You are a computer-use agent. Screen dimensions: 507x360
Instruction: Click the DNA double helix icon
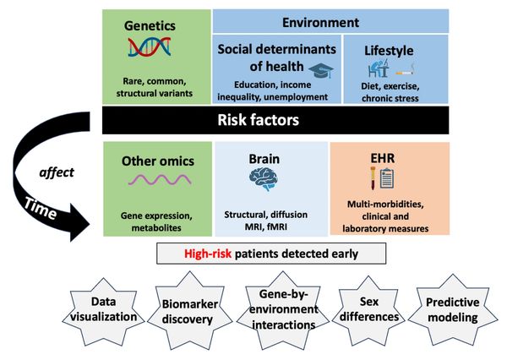point(150,47)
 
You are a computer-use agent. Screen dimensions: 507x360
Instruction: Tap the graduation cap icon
point(321,70)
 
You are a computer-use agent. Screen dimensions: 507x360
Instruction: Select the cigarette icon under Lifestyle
point(405,70)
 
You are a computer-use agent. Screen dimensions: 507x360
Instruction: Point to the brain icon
point(264,179)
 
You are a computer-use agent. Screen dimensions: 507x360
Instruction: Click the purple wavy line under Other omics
point(160,179)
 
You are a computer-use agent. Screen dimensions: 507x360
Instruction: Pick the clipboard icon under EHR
point(387,178)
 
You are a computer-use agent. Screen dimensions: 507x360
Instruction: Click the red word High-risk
point(208,254)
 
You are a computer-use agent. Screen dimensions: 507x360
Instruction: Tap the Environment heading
point(320,22)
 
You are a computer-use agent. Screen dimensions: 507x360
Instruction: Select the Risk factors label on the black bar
point(258,120)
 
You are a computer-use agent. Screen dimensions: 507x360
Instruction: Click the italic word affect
point(57,172)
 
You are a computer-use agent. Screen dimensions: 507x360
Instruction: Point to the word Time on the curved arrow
point(41,209)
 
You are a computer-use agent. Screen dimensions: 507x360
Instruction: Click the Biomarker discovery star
point(190,310)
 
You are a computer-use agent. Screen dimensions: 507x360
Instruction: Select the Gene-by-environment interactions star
point(283,310)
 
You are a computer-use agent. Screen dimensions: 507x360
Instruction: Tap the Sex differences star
point(369,310)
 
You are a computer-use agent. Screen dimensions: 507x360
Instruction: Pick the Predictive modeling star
point(452,310)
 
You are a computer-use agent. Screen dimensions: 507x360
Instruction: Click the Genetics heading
point(150,25)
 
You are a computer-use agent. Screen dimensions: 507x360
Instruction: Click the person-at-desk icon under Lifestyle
point(379,68)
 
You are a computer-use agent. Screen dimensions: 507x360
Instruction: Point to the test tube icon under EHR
point(373,178)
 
